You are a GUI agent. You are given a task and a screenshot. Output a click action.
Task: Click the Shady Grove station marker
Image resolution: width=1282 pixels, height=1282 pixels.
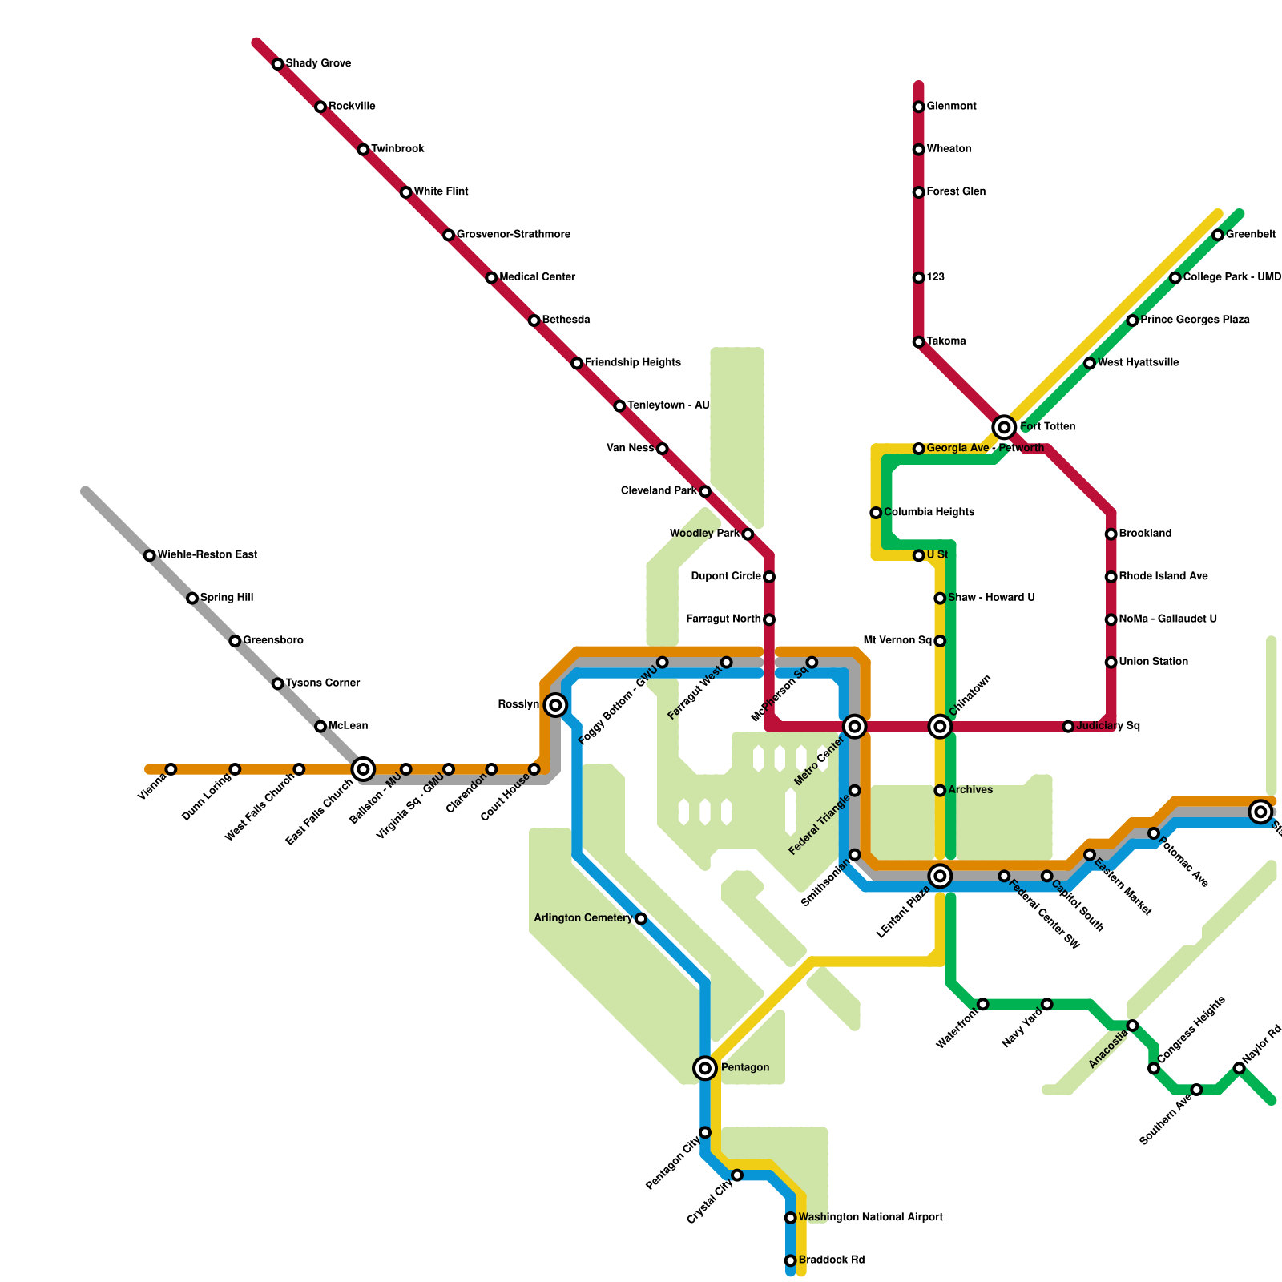click(277, 64)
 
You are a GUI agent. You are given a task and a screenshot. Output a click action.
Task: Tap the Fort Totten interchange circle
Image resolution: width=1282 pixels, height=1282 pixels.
click(1004, 427)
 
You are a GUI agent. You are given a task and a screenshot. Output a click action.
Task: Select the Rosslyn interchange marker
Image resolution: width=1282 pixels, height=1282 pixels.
click(555, 705)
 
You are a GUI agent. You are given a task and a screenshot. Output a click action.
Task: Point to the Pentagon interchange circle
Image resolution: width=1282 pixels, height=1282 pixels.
click(705, 1067)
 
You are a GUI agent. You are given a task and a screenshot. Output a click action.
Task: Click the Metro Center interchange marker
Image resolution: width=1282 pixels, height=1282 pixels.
click(855, 727)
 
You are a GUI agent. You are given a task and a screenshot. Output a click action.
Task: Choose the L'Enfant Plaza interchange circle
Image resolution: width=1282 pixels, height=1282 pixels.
click(940, 876)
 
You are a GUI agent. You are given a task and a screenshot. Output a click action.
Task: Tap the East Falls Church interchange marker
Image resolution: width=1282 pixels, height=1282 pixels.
click(363, 769)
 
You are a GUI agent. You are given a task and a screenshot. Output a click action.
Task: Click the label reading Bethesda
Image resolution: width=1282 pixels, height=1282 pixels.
click(566, 320)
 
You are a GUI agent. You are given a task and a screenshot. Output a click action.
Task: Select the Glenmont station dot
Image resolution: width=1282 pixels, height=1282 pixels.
click(918, 107)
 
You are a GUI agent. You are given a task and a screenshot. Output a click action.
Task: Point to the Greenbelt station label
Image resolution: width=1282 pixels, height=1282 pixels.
click(1250, 235)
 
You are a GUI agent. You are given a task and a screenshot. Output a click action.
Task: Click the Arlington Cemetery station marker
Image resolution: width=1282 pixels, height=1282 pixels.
click(641, 918)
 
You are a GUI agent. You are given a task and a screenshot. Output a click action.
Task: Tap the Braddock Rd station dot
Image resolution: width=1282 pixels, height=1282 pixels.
click(790, 1260)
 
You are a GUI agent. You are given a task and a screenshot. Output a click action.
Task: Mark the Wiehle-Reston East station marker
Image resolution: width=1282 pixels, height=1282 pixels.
click(149, 555)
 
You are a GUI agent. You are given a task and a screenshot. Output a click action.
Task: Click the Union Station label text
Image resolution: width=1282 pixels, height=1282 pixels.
click(1153, 662)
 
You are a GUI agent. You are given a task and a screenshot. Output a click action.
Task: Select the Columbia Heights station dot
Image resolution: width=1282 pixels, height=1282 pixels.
click(876, 513)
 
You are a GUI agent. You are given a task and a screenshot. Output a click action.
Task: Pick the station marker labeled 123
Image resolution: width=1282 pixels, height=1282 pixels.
click(918, 278)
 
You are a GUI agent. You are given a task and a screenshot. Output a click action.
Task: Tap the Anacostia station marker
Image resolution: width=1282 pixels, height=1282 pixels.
click(1132, 1026)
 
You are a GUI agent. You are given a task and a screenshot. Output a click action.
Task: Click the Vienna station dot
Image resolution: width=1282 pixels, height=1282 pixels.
click(171, 769)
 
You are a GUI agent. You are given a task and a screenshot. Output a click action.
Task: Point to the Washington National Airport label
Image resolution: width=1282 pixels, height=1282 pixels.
click(870, 1218)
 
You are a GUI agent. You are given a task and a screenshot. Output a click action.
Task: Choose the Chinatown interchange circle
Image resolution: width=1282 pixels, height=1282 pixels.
click(940, 727)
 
